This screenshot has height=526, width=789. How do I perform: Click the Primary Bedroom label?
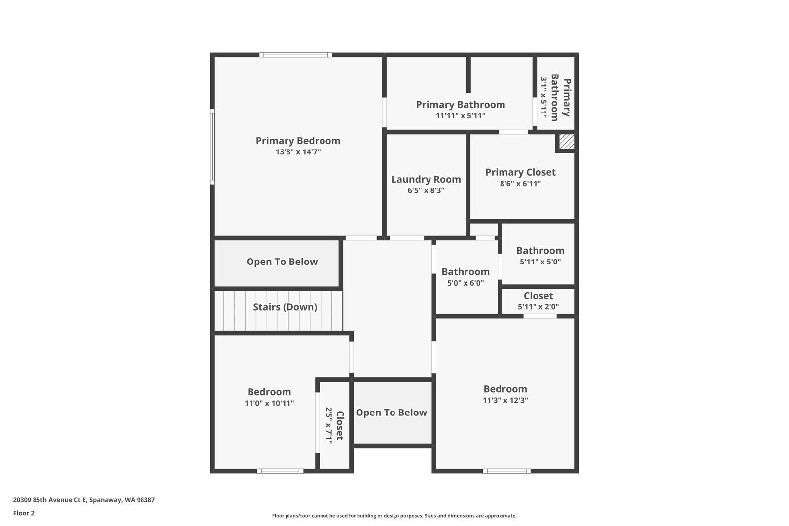[x=298, y=141]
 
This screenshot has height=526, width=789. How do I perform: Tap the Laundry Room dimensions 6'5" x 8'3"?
[x=426, y=190]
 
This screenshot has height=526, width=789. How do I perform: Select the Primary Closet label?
[x=520, y=172]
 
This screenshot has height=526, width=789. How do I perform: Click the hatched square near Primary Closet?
[x=567, y=142]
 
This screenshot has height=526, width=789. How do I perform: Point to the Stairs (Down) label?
[x=285, y=307]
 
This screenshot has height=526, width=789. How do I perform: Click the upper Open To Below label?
[x=282, y=262]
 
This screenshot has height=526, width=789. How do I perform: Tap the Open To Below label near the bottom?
[x=392, y=413]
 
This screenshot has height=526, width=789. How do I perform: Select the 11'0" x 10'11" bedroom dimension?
[x=269, y=403]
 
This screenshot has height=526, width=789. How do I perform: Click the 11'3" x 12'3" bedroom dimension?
[x=505, y=400]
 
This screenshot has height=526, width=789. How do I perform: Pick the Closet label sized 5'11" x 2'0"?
[x=538, y=296]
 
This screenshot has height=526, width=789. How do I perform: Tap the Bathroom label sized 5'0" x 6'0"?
[x=466, y=272]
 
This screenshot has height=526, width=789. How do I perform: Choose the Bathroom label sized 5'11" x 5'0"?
[x=540, y=251]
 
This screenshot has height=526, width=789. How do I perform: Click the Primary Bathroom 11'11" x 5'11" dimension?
[x=461, y=116]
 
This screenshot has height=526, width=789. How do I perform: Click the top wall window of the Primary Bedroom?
[x=295, y=55]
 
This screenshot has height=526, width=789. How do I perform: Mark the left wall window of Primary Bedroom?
[x=212, y=147]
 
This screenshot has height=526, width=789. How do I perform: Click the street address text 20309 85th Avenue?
[x=84, y=500]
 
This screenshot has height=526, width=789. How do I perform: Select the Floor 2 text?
[x=24, y=513]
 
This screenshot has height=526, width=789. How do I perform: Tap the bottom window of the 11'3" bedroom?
[x=506, y=471]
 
